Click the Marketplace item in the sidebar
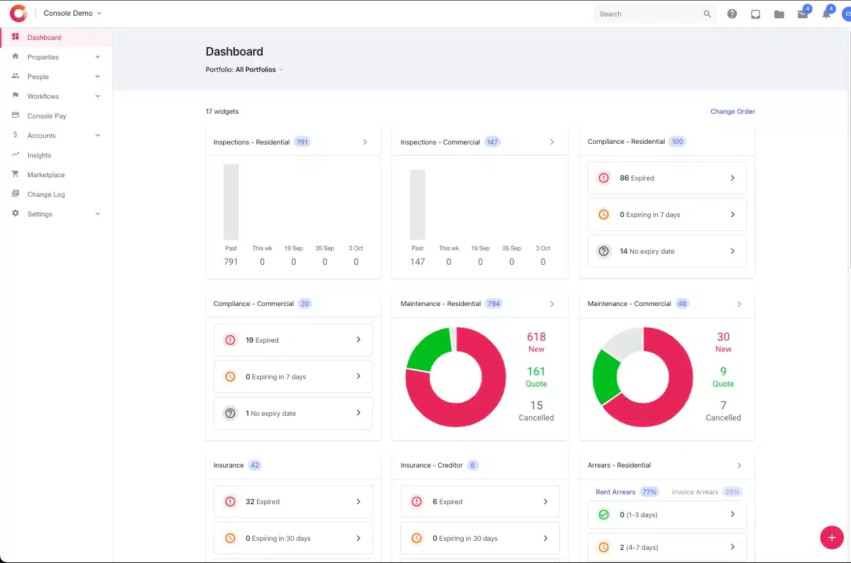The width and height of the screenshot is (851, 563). pyautogui.click(x=46, y=175)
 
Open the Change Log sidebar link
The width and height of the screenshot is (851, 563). pyautogui.click(x=46, y=194)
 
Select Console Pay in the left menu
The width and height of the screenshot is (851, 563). pyautogui.click(x=46, y=116)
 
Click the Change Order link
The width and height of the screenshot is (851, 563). pyautogui.click(x=733, y=111)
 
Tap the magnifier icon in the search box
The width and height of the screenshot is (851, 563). pyautogui.click(x=707, y=14)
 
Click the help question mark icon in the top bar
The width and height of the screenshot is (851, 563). pyautogui.click(x=732, y=14)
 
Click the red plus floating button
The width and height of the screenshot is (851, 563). pyautogui.click(x=831, y=537)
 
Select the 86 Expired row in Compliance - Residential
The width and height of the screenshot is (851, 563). pyautogui.click(x=667, y=178)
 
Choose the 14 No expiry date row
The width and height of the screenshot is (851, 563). pyautogui.click(x=667, y=251)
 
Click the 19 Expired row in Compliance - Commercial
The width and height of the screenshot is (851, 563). pyautogui.click(x=293, y=340)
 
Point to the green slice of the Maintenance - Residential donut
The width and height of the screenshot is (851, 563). pyautogui.click(x=428, y=349)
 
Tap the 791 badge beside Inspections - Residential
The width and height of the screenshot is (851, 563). pyautogui.click(x=302, y=142)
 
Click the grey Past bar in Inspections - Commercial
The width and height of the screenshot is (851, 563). pyautogui.click(x=417, y=205)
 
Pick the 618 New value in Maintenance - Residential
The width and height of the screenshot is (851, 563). pyautogui.click(x=536, y=342)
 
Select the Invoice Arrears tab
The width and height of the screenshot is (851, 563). pyautogui.click(x=695, y=492)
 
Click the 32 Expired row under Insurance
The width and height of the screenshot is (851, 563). pyautogui.click(x=293, y=502)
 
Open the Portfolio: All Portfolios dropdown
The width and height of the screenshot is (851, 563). pyautogui.click(x=244, y=69)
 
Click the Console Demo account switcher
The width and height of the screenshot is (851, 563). pyautogui.click(x=73, y=13)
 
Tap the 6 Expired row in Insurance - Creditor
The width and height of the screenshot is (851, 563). pyautogui.click(x=480, y=502)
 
